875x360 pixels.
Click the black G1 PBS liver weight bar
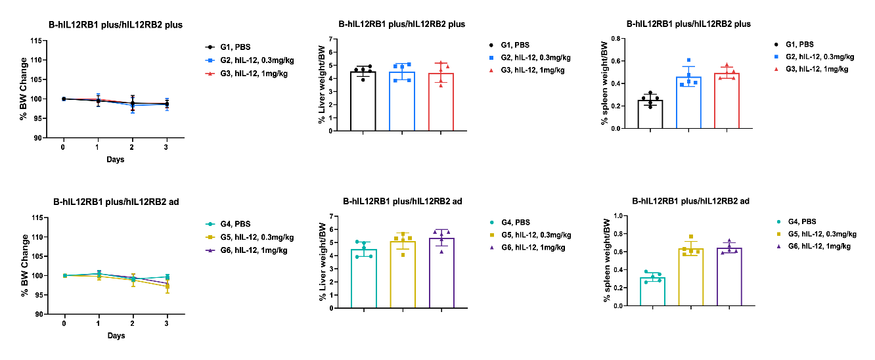tap(363, 102)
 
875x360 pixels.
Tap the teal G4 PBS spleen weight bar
tap(652, 292)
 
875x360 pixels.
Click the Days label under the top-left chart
tap(115, 160)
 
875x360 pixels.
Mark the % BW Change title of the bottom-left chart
tap(24, 265)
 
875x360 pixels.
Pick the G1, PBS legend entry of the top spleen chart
tap(805, 45)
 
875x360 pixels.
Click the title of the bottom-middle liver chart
tap(401, 201)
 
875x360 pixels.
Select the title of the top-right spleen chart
tap(688, 24)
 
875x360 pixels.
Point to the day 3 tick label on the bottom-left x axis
tap(167, 323)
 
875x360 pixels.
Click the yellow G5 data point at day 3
tap(167, 286)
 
